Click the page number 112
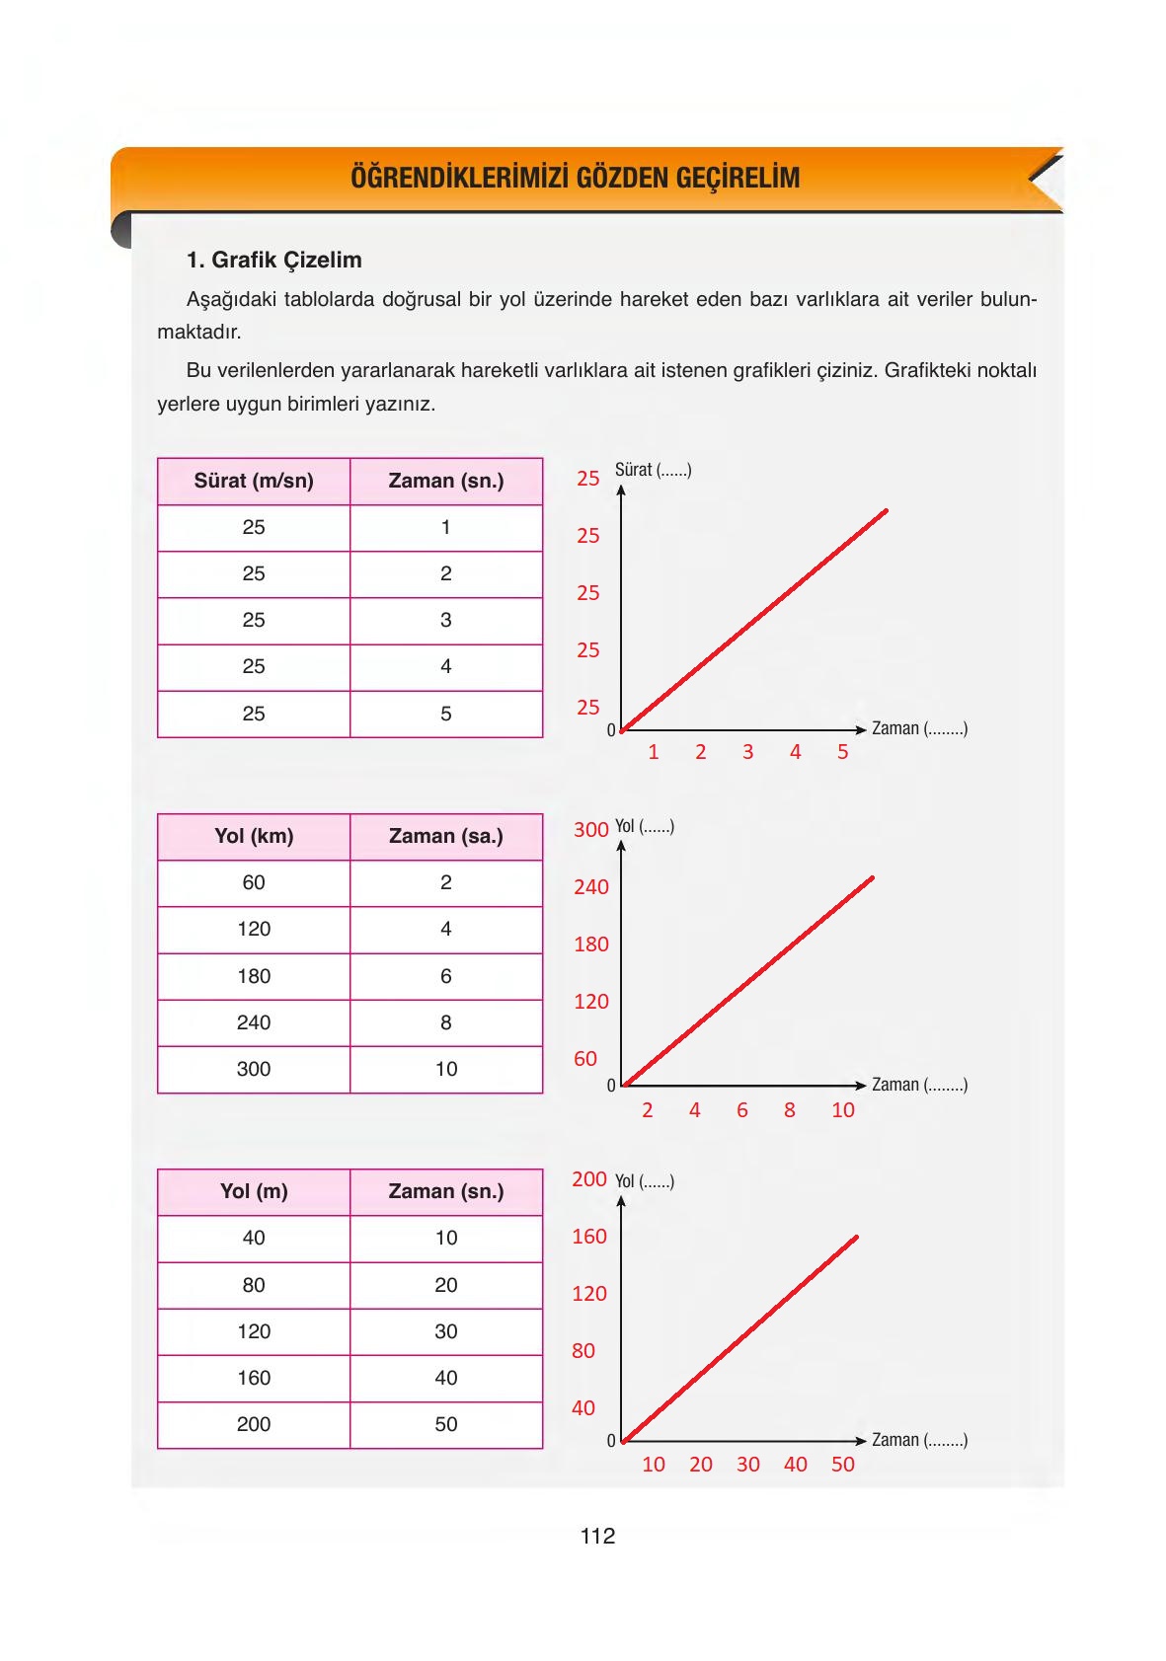[x=597, y=1536]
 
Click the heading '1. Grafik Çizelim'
[x=273, y=260]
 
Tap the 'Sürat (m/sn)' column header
[x=254, y=481]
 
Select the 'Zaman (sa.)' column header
[x=445, y=836]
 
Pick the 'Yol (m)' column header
[x=254, y=1191]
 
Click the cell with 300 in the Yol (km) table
[x=254, y=1069]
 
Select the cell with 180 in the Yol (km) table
[x=254, y=976]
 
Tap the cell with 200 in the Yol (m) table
[x=254, y=1424]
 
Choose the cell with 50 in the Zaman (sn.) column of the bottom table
[x=445, y=1424]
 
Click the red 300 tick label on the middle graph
[x=590, y=829]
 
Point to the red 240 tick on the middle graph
[x=590, y=886]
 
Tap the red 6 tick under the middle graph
[x=741, y=1110]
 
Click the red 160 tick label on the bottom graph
[x=588, y=1236]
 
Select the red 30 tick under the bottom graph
[x=747, y=1465]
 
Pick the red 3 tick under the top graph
[x=747, y=752]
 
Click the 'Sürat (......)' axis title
[x=653, y=470]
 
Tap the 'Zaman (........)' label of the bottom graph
[x=919, y=1440]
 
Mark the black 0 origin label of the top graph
[x=610, y=730]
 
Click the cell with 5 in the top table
[x=445, y=714]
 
